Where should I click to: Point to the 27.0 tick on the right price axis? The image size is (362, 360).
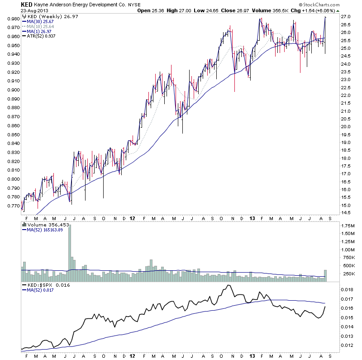345,17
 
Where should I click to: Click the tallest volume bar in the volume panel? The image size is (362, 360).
70,253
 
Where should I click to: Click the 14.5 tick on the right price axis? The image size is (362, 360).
345,212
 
